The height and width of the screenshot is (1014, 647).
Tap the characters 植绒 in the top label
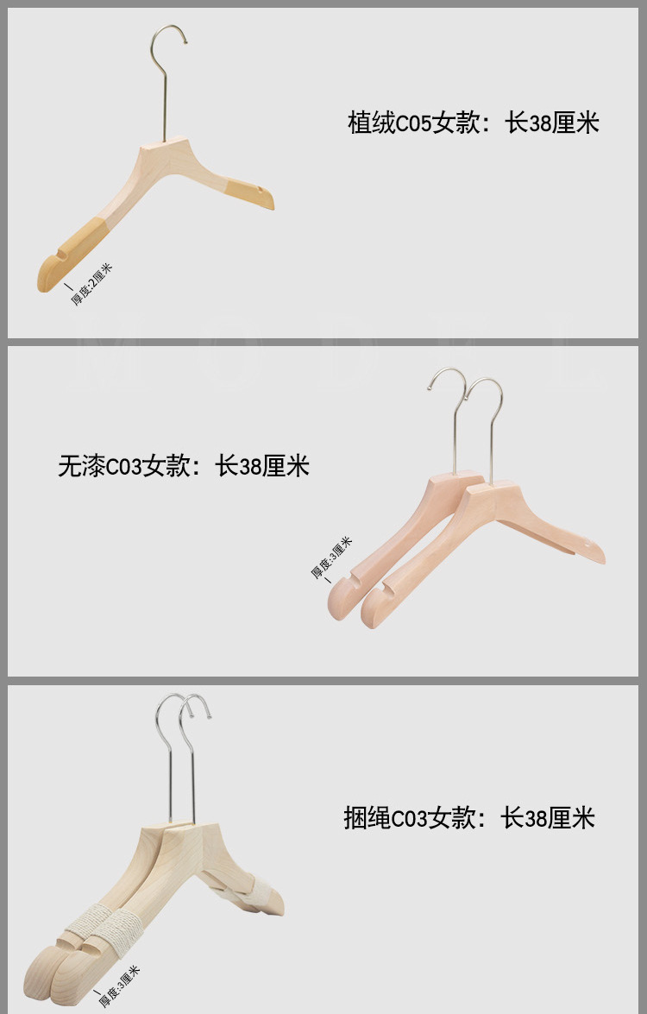click(372, 123)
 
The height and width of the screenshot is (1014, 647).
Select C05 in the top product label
click(414, 123)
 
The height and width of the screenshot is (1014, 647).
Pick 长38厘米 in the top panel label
click(552, 123)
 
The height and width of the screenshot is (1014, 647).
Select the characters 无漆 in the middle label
click(81, 467)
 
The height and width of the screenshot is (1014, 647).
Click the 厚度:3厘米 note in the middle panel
click(331, 558)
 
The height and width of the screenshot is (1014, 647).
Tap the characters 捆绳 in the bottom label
click(367, 817)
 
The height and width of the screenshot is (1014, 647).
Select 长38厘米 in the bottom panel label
click(549, 817)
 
